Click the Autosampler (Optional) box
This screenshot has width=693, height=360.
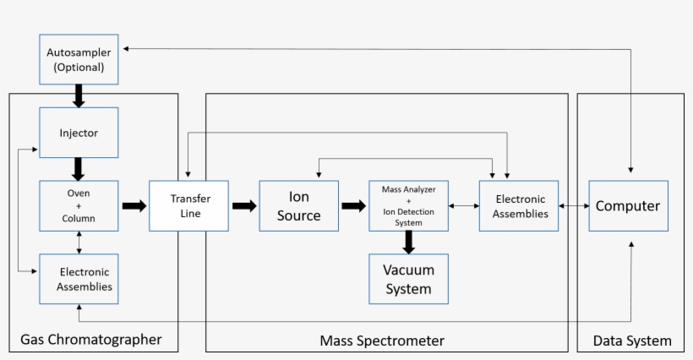[78, 59]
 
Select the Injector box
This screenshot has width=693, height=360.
[78, 133]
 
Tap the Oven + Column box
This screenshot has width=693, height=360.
[78, 205]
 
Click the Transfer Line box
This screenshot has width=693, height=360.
[188, 205]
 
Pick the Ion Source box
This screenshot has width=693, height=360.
[299, 205]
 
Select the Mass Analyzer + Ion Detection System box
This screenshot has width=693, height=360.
[408, 205]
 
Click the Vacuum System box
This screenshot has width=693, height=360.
[408, 279]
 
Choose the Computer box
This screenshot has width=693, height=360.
[628, 205]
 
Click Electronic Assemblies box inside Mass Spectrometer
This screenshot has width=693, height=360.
[519, 205]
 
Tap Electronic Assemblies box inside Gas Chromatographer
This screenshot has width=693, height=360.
[78, 279]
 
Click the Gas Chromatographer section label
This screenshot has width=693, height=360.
[90, 341]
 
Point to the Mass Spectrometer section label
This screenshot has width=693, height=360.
[382, 341]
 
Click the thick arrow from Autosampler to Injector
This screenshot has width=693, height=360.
[78, 95]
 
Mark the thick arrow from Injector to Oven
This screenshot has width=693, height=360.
[78, 168]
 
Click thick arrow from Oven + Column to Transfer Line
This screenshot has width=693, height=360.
[134, 205]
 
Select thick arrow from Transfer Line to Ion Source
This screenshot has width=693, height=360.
[243, 205]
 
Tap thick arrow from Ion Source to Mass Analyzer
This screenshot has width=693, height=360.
[353, 205]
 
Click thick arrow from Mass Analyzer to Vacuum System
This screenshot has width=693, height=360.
[408, 242]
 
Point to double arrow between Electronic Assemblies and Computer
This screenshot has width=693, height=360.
[573, 205]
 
